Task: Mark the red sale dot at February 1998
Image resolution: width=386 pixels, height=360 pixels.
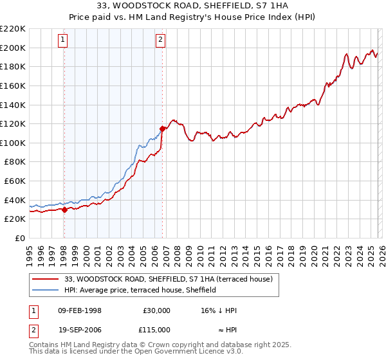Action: pos(64,210)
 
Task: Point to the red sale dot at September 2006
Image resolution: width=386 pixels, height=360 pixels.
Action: pos(163,129)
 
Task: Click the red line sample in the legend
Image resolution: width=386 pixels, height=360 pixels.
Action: pos(45,279)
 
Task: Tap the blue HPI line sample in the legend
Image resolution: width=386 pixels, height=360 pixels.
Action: pos(45,290)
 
